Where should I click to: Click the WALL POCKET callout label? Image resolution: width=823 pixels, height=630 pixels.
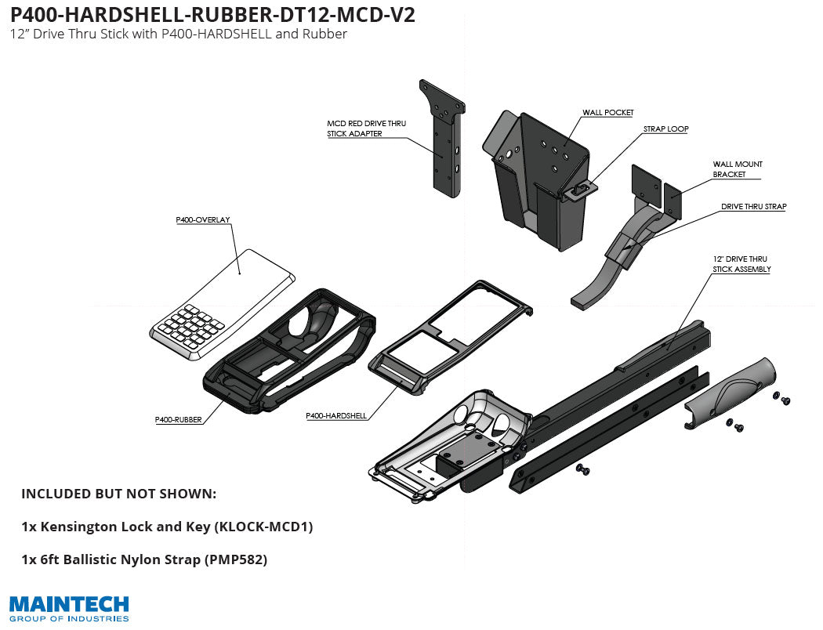(607, 113)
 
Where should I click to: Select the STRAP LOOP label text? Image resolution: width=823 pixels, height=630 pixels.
(665, 129)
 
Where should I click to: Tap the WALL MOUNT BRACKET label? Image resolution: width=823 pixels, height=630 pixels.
(727, 169)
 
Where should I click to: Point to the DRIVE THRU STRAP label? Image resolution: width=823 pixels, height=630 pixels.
(753, 207)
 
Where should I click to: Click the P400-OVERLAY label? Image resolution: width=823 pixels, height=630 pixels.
(202, 220)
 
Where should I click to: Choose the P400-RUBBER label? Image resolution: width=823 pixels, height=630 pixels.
(179, 420)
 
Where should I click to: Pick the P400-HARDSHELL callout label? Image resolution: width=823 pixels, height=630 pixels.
(336, 415)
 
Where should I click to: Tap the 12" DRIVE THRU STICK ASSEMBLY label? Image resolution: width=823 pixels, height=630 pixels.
(741, 264)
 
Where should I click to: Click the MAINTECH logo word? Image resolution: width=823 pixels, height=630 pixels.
(69, 604)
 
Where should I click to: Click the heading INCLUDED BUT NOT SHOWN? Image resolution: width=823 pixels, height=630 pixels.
(118, 494)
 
